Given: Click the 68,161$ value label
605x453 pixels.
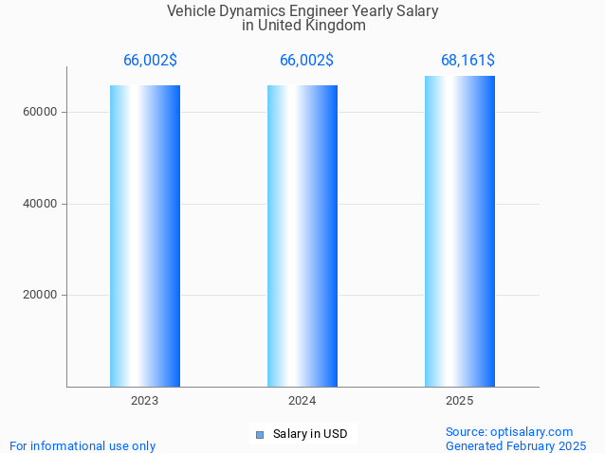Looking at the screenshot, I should coord(467,61).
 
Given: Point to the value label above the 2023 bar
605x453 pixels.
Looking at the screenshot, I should coord(150,61).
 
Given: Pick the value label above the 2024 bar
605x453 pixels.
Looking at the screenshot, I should coord(306,61).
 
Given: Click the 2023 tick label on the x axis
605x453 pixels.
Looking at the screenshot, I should coord(145,402).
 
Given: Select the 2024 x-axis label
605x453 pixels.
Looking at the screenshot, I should coord(302,402).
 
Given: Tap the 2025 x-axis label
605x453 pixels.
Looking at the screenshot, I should coord(460,402).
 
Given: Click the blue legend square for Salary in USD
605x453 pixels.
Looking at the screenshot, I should coord(259,435).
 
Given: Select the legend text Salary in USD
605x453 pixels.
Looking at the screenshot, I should coord(310,435).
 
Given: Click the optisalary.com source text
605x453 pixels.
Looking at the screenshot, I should coord(509,431).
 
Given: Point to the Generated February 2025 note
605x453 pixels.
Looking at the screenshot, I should coord(516,445).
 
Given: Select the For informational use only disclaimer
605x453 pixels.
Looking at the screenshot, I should coord(82,445).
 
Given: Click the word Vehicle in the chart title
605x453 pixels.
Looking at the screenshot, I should coord(192,11).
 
